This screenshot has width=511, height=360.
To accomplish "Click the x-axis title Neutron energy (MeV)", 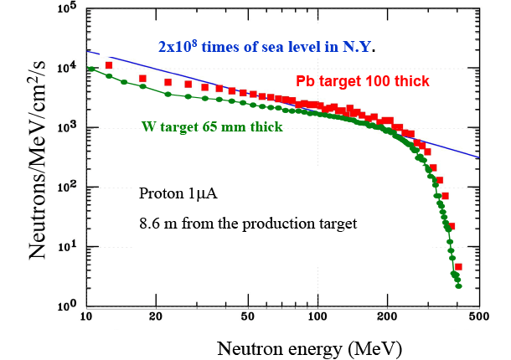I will [307, 346].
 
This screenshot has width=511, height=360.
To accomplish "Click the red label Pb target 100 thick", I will [363, 81].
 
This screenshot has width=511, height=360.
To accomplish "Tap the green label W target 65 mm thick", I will [209, 127].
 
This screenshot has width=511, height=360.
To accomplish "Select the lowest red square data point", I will [458, 267].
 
